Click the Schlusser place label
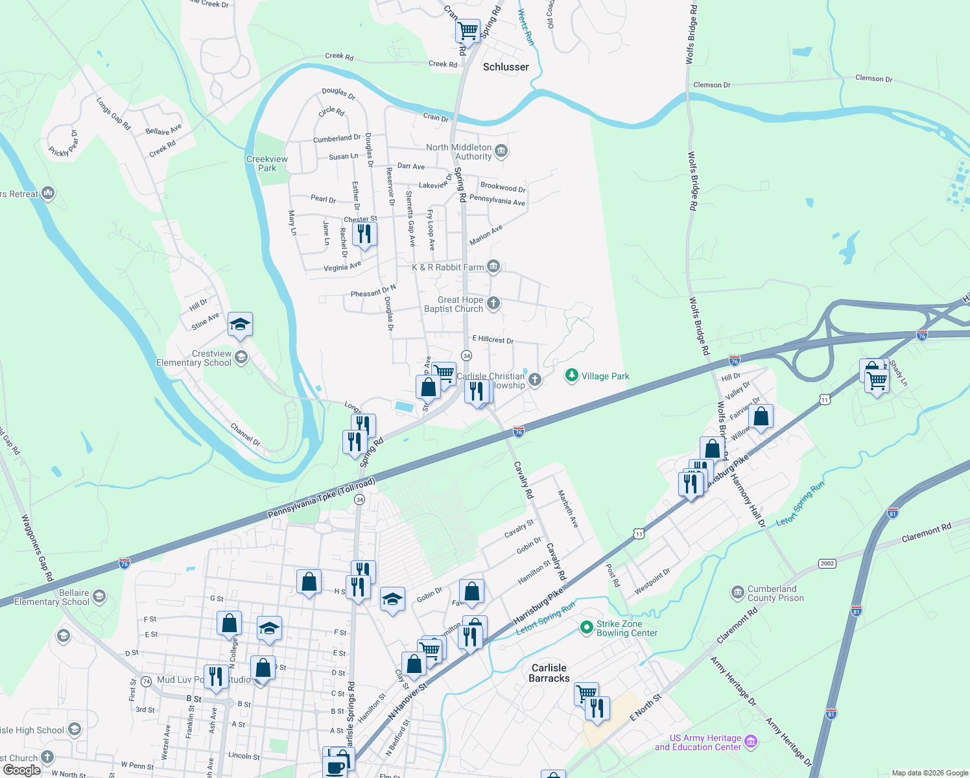506,67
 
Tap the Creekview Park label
266,163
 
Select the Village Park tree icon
571,375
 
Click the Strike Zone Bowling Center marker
586,627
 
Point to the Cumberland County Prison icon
737,593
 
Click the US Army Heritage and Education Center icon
751,741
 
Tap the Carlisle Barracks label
549,673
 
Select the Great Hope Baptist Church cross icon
493,303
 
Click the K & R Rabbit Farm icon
493,266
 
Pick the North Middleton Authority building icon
501,151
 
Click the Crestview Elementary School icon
241,357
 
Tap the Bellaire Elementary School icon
99,596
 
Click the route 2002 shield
827,563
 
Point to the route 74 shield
147,681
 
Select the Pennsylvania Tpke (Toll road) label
322,499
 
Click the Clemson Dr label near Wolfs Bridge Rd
711,85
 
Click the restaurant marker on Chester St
364,234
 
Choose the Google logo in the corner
22,770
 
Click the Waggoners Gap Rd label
37,547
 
